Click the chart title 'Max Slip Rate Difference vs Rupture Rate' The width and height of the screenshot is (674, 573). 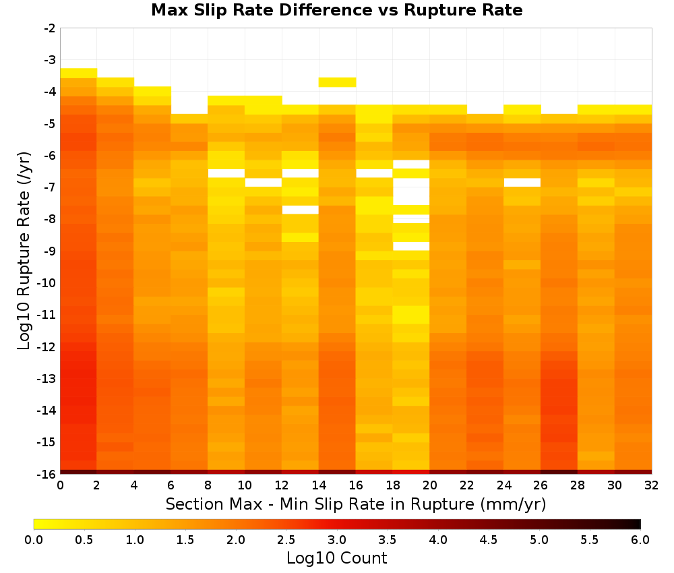coord(336,10)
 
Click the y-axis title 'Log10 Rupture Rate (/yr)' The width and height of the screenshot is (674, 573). coord(24,251)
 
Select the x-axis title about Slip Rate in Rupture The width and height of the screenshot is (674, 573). coord(356,504)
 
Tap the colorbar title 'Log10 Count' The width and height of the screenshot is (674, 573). coord(336,558)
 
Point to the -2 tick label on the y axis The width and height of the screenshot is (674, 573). coord(50,28)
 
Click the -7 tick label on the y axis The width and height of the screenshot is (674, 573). coord(50,187)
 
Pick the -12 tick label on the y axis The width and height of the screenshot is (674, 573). coord(47,346)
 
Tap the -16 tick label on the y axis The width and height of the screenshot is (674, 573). coord(47,474)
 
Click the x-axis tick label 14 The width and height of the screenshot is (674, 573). coord(319,485)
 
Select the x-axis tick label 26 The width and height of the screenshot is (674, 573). coord(541,485)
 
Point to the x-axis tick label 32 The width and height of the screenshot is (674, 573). coord(651,485)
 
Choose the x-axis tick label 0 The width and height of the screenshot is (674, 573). coord(60,485)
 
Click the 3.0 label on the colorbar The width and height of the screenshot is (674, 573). coord(337,539)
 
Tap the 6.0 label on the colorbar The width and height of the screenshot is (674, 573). coord(640,539)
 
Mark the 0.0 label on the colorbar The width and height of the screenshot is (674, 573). coord(34,539)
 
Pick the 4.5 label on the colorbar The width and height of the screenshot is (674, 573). coord(488,539)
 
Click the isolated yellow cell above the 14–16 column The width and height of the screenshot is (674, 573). coord(337,82)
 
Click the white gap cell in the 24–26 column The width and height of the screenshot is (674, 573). coord(522,182)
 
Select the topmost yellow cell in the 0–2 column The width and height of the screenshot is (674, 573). coord(79,73)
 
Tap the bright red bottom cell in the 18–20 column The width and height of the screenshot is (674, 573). coord(411,472)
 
